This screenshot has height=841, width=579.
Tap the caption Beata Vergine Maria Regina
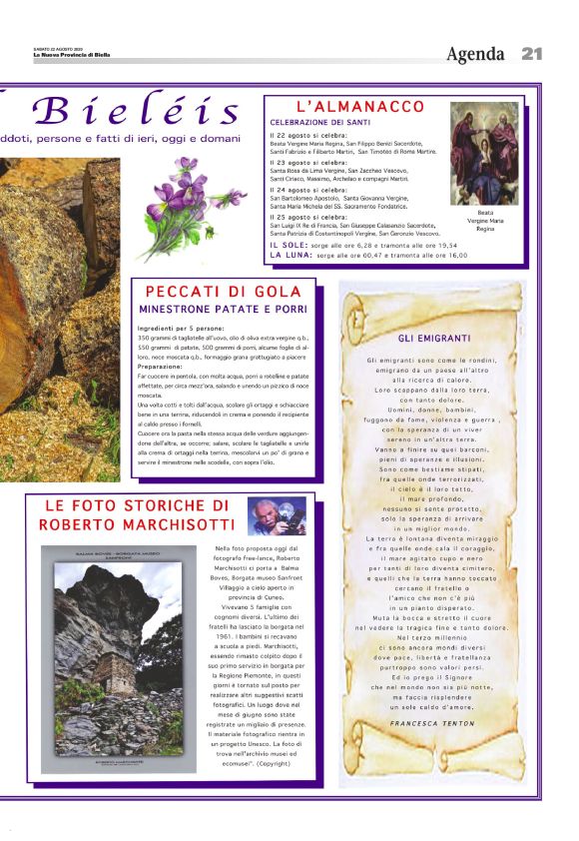[x=485, y=220]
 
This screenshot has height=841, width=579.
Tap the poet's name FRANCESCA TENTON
[x=432, y=722]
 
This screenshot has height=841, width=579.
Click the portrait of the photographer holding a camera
[x=278, y=516]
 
